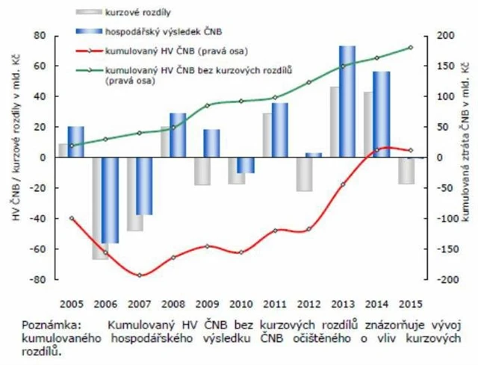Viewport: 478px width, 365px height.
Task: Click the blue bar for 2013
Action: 347,102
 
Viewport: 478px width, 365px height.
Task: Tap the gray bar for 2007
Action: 135,194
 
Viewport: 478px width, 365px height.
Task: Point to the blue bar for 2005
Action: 75,142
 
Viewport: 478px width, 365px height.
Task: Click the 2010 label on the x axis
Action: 241,304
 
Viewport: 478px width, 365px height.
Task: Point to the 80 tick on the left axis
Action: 42,36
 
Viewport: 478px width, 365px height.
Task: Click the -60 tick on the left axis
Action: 40,249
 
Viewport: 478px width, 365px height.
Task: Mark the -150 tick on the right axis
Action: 445,249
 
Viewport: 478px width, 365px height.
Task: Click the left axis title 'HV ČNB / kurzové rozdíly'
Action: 14,157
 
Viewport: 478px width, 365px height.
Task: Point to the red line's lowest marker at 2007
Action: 140,275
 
